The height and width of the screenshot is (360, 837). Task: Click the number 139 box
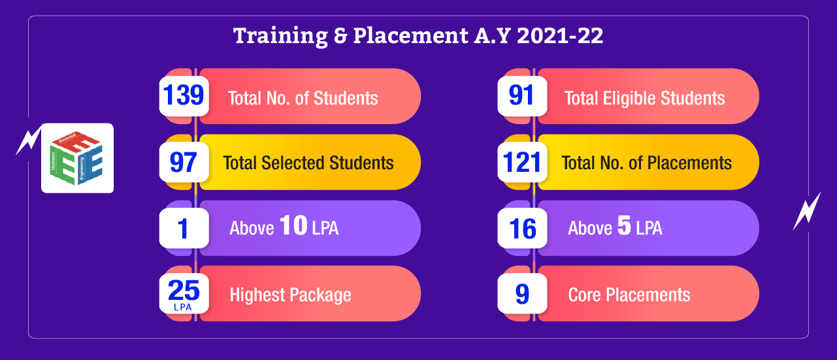pos(184,96)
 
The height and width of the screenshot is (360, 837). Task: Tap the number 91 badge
pos(522,96)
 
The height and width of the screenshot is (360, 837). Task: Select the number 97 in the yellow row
pos(183,162)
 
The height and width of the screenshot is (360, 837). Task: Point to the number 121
pos(521,162)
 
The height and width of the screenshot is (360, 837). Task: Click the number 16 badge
pos(522,228)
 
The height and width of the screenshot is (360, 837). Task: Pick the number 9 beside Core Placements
pos(522,294)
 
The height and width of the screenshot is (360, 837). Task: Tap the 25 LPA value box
pos(184,293)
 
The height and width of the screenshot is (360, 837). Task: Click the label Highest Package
pos(290,295)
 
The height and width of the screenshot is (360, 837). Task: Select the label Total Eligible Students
pos(644,98)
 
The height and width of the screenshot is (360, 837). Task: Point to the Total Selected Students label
pos(308,163)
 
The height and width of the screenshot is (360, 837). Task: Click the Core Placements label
pos(629,295)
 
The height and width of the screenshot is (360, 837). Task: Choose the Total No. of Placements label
pos(646,163)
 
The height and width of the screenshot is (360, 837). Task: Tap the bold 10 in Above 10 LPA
pos(293,225)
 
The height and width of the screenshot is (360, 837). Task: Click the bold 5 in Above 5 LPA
pos(624,225)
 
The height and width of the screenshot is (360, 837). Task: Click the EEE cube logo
pos(77,158)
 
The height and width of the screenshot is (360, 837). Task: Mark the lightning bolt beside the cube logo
pos(28,140)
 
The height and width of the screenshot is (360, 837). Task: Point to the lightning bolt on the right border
pos(807,211)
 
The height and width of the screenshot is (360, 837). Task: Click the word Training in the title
pos(280,36)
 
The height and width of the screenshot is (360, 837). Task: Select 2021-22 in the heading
pos(560,36)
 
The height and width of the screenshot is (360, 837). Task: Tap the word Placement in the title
pos(410,36)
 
